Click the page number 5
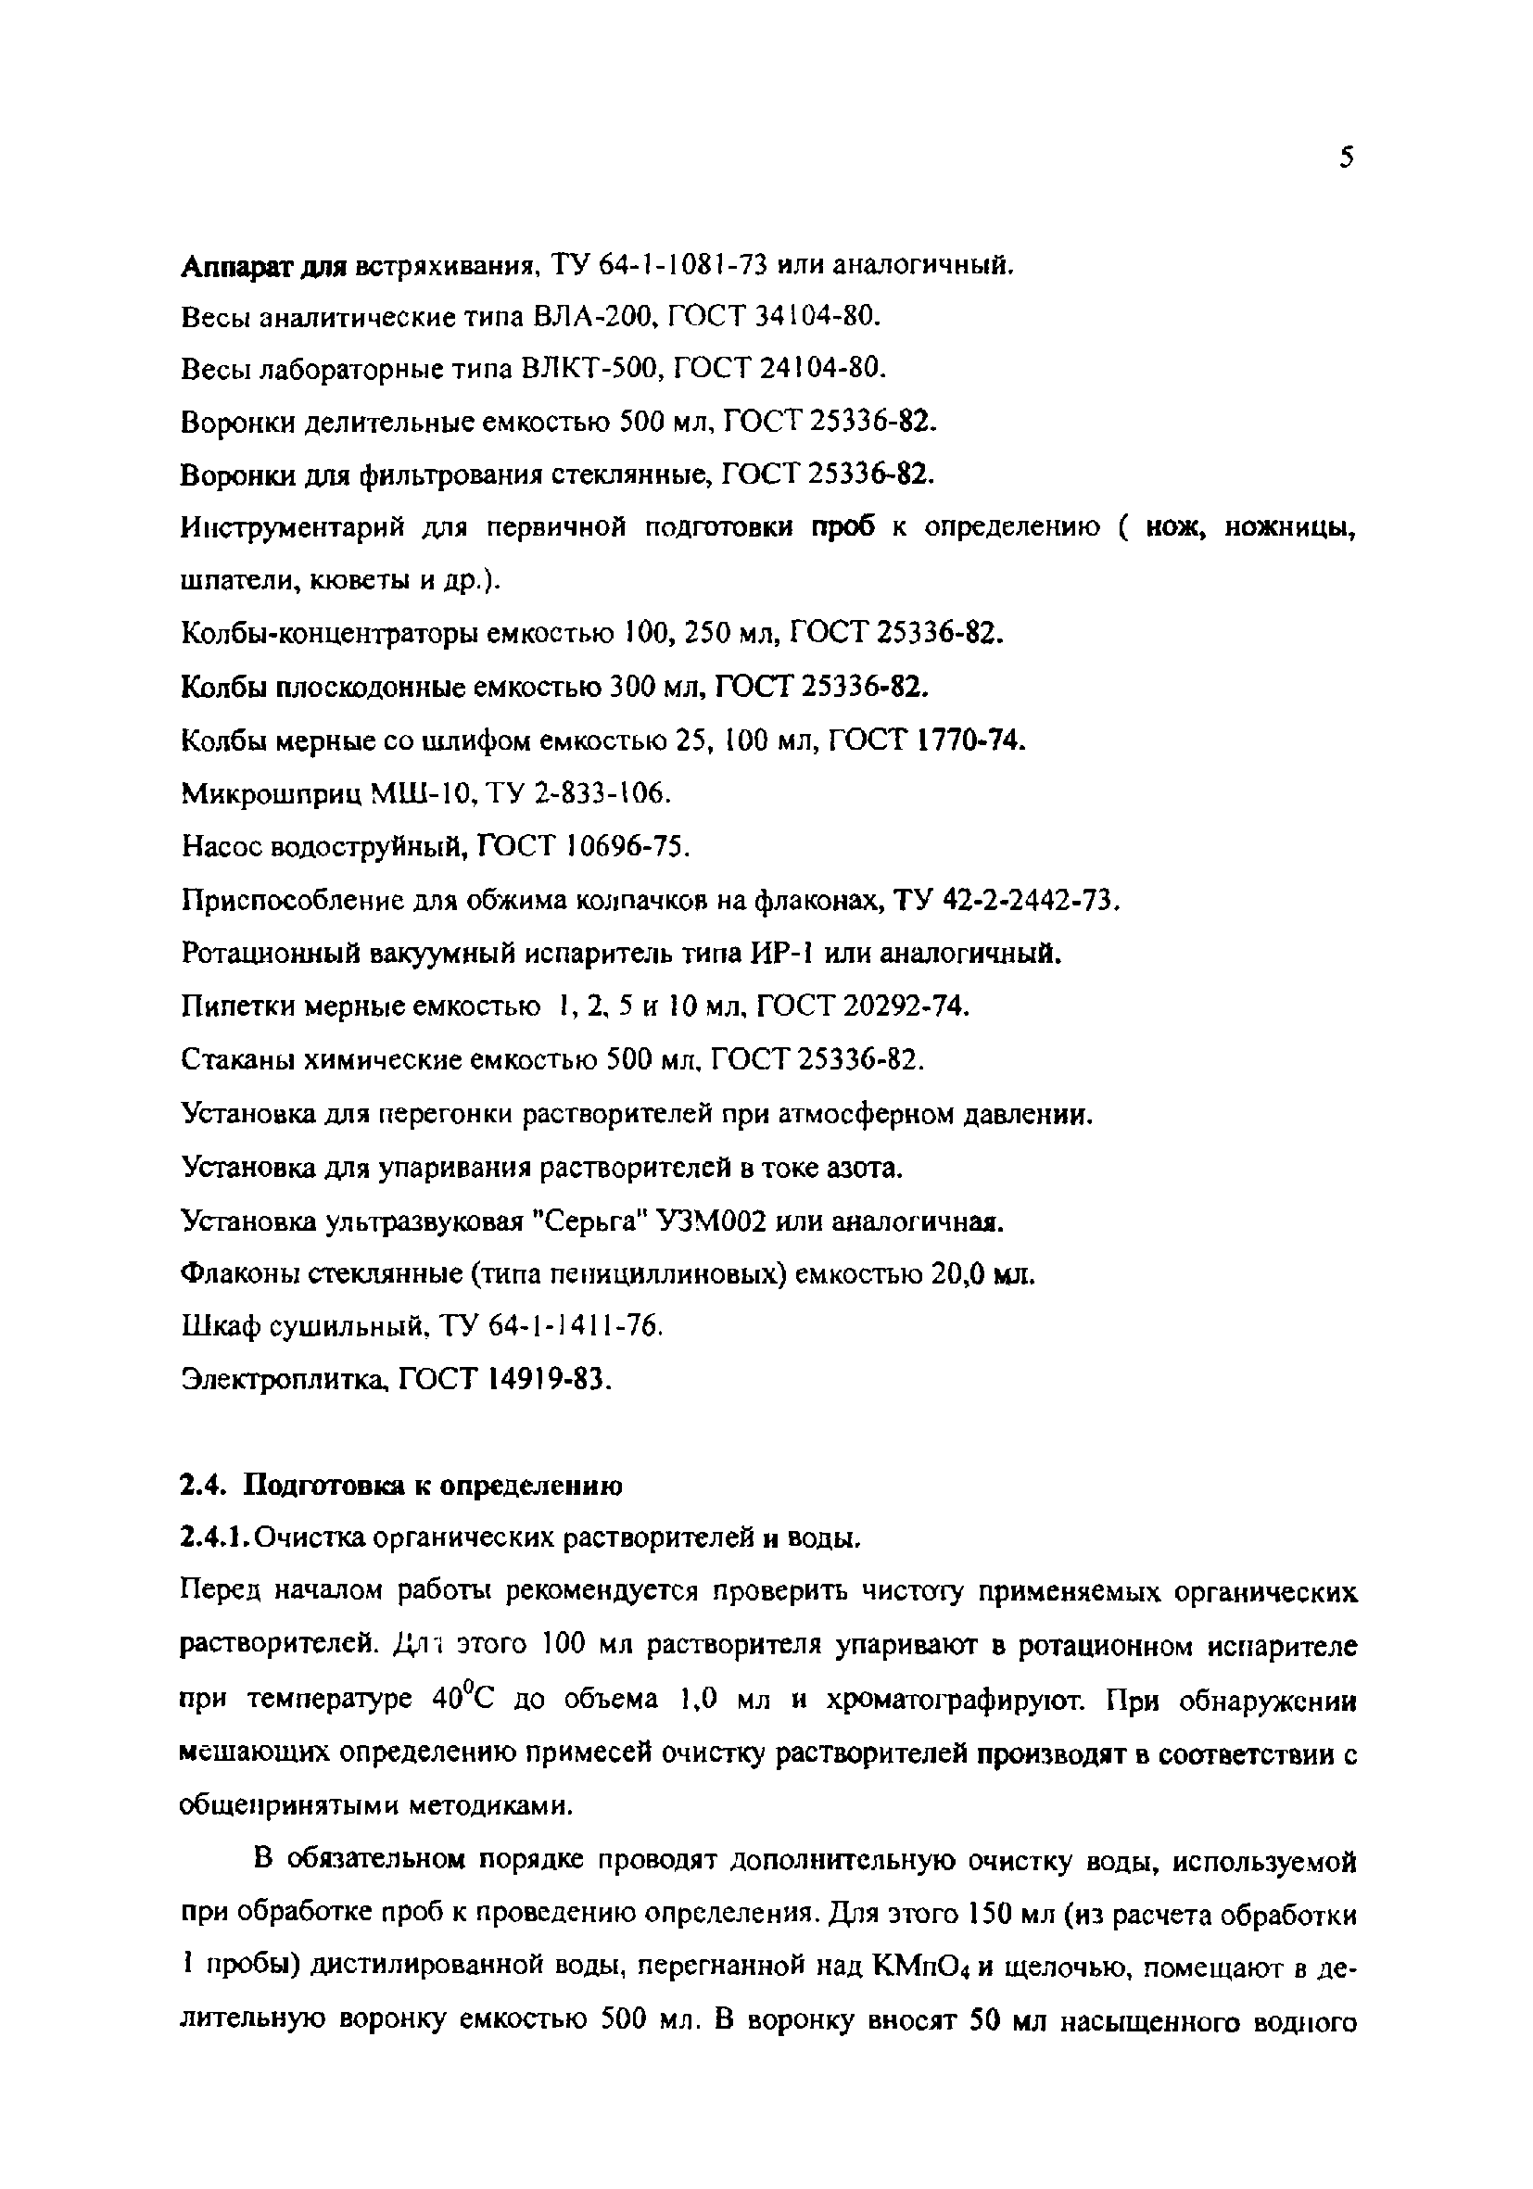1345,158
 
